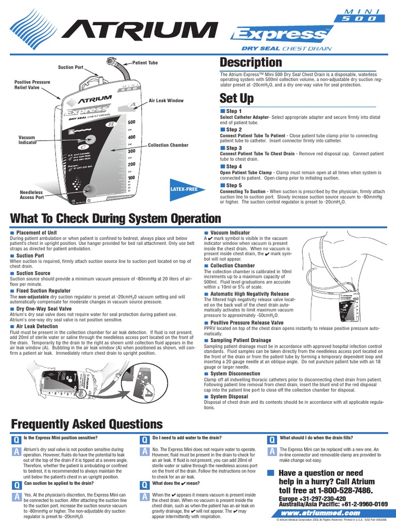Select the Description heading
point(251,62)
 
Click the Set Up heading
point(236,98)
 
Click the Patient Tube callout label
point(146,62)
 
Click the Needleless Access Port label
point(32,194)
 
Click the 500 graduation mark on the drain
point(131,122)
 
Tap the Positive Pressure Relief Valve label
point(32,85)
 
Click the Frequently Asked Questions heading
point(87,424)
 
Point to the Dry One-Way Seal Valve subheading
point(44,308)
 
